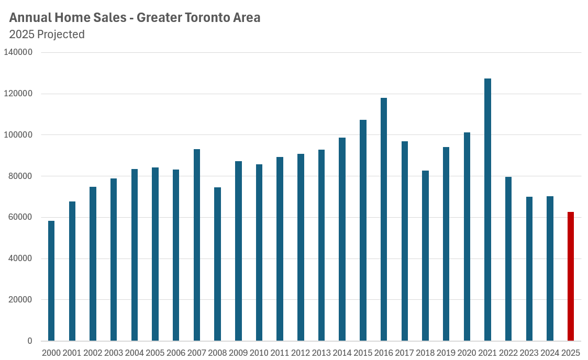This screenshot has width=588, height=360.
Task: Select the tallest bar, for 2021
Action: (x=487, y=209)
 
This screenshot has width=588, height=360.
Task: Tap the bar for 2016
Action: (x=384, y=219)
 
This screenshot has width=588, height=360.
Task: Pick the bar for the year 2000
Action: (x=51, y=280)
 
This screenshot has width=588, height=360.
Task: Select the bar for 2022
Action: (x=508, y=258)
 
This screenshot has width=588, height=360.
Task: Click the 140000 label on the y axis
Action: (x=18, y=52)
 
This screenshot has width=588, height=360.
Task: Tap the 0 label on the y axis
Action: (x=30, y=341)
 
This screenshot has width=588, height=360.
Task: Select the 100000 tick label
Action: (x=18, y=135)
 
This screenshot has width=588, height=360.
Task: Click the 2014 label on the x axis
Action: (x=342, y=353)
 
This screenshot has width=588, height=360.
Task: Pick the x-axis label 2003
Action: (x=114, y=353)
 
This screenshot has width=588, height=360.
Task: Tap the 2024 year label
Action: (x=550, y=353)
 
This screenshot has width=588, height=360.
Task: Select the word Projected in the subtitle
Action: (x=61, y=35)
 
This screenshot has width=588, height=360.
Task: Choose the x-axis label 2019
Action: (x=446, y=353)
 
